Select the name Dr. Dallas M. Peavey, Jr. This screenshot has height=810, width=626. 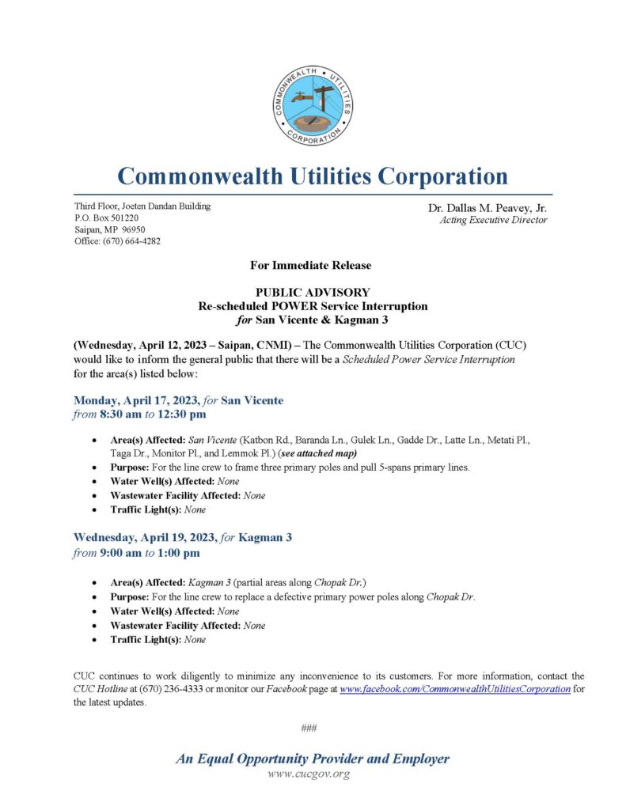tap(488, 208)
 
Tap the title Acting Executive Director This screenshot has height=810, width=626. tap(493, 220)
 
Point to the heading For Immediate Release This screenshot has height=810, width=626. tap(313, 266)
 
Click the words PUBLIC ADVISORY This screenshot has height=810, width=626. tap(313, 292)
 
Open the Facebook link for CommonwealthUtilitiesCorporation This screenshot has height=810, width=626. tap(455, 689)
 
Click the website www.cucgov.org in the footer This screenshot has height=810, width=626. tap(309, 774)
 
